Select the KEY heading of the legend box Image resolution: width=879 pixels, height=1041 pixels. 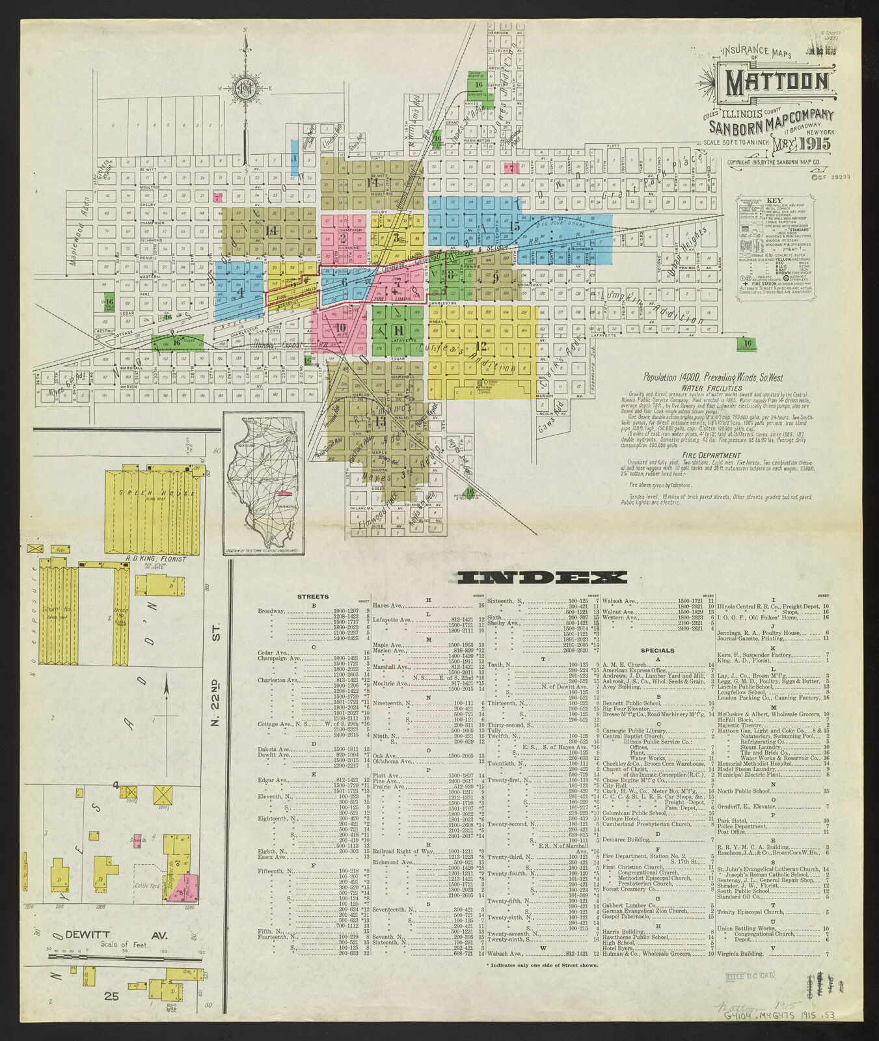[x=774, y=200]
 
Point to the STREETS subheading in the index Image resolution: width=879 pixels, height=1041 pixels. [x=313, y=596]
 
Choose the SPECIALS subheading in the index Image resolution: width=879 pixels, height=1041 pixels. [x=657, y=650]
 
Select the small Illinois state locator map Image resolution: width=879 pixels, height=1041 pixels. [x=264, y=483]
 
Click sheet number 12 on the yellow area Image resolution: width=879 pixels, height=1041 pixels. [x=481, y=345]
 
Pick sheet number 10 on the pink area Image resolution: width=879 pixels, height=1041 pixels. [x=340, y=327]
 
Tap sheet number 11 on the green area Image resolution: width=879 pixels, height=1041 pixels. [x=398, y=330]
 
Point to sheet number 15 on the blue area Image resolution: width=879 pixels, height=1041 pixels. [x=515, y=226]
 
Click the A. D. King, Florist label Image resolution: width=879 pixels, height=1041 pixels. [x=155, y=559]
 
